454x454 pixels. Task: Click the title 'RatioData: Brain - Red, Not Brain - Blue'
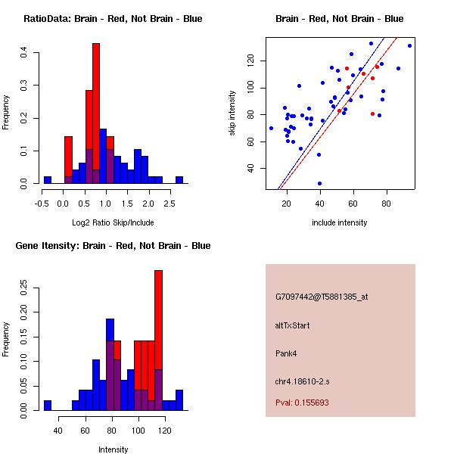point(113,19)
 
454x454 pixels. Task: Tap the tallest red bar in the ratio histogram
point(96,113)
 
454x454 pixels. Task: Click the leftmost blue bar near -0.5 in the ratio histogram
point(47,180)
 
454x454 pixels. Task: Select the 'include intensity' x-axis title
point(339,222)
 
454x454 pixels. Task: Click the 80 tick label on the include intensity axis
point(387,202)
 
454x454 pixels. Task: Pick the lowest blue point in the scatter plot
point(319,183)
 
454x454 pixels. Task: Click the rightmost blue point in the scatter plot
point(409,45)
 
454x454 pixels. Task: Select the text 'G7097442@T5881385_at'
point(322,297)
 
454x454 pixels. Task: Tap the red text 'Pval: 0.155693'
point(302,403)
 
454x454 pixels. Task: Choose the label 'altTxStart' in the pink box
point(293,325)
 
